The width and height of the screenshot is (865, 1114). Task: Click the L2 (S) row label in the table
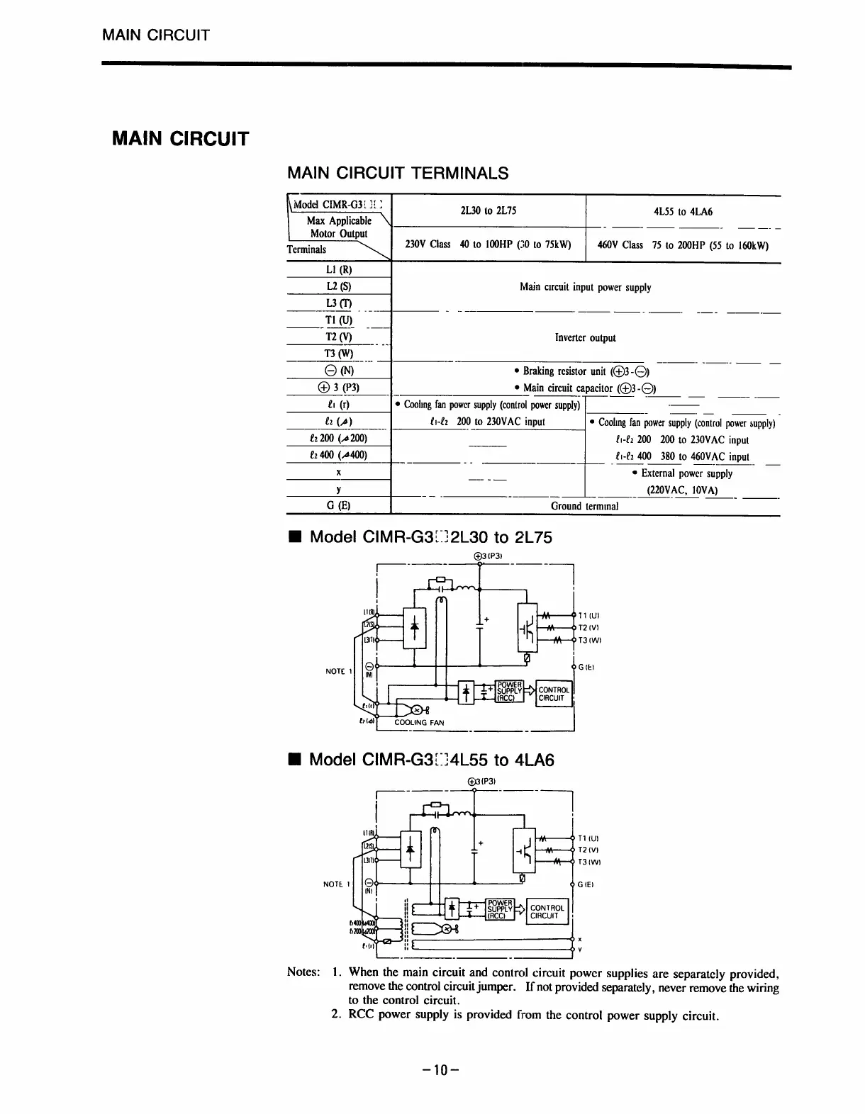[x=339, y=286]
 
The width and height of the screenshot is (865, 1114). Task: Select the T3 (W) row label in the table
[x=339, y=354]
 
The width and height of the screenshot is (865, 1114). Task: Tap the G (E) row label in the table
[x=339, y=506]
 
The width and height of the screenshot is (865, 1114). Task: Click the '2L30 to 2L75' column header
[x=489, y=211]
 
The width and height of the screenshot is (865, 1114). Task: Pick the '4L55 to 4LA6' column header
[x=683, y=211]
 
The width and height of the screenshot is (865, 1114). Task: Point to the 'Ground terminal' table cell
[x=584, y=506]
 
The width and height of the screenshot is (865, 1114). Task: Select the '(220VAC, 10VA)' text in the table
[x=683, y=490]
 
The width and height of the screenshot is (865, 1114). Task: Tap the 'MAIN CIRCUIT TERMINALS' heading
[x=397, y=173]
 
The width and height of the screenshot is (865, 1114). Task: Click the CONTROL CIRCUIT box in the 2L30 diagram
[x=554, y=694]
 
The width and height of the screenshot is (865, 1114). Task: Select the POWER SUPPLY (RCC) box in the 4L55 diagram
[x=500, y=909]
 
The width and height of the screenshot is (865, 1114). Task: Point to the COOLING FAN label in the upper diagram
[x=419, y=723]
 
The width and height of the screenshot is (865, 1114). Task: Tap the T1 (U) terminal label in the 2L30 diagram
[x=589, y=616]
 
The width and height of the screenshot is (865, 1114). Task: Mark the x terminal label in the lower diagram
[x=580, y=940]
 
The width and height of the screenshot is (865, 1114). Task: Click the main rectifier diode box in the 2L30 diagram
[x=415, y=627]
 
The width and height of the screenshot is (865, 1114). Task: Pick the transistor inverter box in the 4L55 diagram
[x=525, y=850]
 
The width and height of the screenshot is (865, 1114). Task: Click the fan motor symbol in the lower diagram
[x=447, y=929]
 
